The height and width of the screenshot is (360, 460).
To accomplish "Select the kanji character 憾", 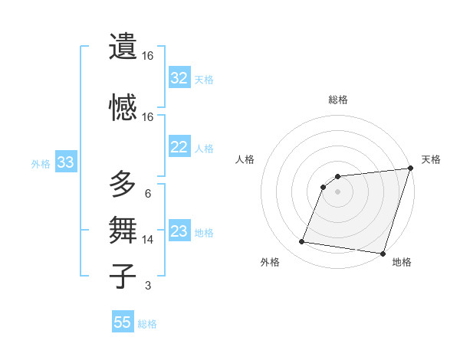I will [123, 106].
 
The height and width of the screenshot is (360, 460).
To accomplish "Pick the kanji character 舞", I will [123, 230].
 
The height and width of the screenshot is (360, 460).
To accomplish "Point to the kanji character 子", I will [123, 276].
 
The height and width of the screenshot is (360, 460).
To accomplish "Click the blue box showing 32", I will [179, 78].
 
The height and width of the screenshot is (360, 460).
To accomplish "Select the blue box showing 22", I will [179, 148].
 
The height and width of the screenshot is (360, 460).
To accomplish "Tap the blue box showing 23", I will [179, 232].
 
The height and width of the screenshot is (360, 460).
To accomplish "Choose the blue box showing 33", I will [65, 163].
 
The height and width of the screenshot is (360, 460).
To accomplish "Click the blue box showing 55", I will [123, 322].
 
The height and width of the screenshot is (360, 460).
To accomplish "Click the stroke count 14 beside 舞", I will [148, 240].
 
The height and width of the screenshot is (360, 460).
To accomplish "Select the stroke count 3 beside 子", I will [148, 286].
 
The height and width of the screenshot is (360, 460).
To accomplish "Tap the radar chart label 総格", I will [337, 100].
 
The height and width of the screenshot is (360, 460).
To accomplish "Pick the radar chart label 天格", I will [431, 159].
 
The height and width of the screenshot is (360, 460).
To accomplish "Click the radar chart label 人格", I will [245, 159].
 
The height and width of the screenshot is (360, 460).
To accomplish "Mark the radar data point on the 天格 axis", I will [410, 169].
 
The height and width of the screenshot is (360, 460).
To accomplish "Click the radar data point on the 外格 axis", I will [302, 242].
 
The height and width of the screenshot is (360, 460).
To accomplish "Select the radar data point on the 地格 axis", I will [383, 254].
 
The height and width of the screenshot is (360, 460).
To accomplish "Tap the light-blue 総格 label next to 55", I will [147, 324].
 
